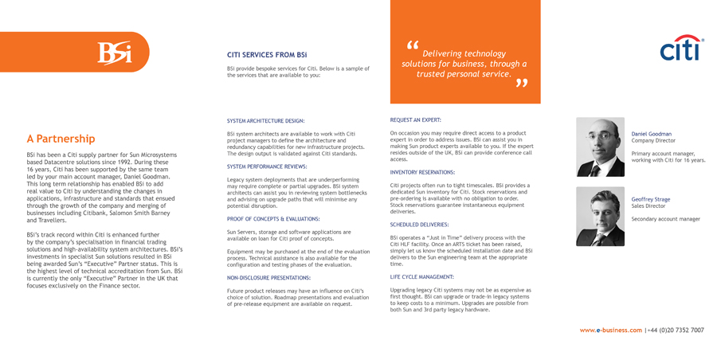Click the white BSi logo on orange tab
tap(114, 53)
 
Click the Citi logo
tap(682, 49)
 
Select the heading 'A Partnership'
tap(61, 139)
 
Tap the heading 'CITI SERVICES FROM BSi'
tap(267, 55)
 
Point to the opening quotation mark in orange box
tap(411, 45)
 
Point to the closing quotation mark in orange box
tap(522, 83)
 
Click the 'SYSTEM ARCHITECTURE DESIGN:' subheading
tap(265, 121)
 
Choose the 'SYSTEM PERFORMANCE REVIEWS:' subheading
tap(267, 166)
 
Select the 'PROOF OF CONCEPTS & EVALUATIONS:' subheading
tap(273, 218)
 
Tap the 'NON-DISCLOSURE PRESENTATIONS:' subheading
tap(268, 278)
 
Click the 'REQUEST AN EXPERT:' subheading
tap(415, 119)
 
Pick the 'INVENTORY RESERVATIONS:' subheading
tap(422, 172)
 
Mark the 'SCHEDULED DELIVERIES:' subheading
tap(419, 225)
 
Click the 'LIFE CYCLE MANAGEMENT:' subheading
tap(421, 276)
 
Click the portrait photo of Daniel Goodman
tap(600, 147)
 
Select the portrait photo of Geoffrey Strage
tap(600, 216)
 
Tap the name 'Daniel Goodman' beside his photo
tap(651, 134)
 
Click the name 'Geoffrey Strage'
tap(650, 199)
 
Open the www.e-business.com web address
tap(610, 330)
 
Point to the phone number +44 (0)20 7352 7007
tap(676, 330)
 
